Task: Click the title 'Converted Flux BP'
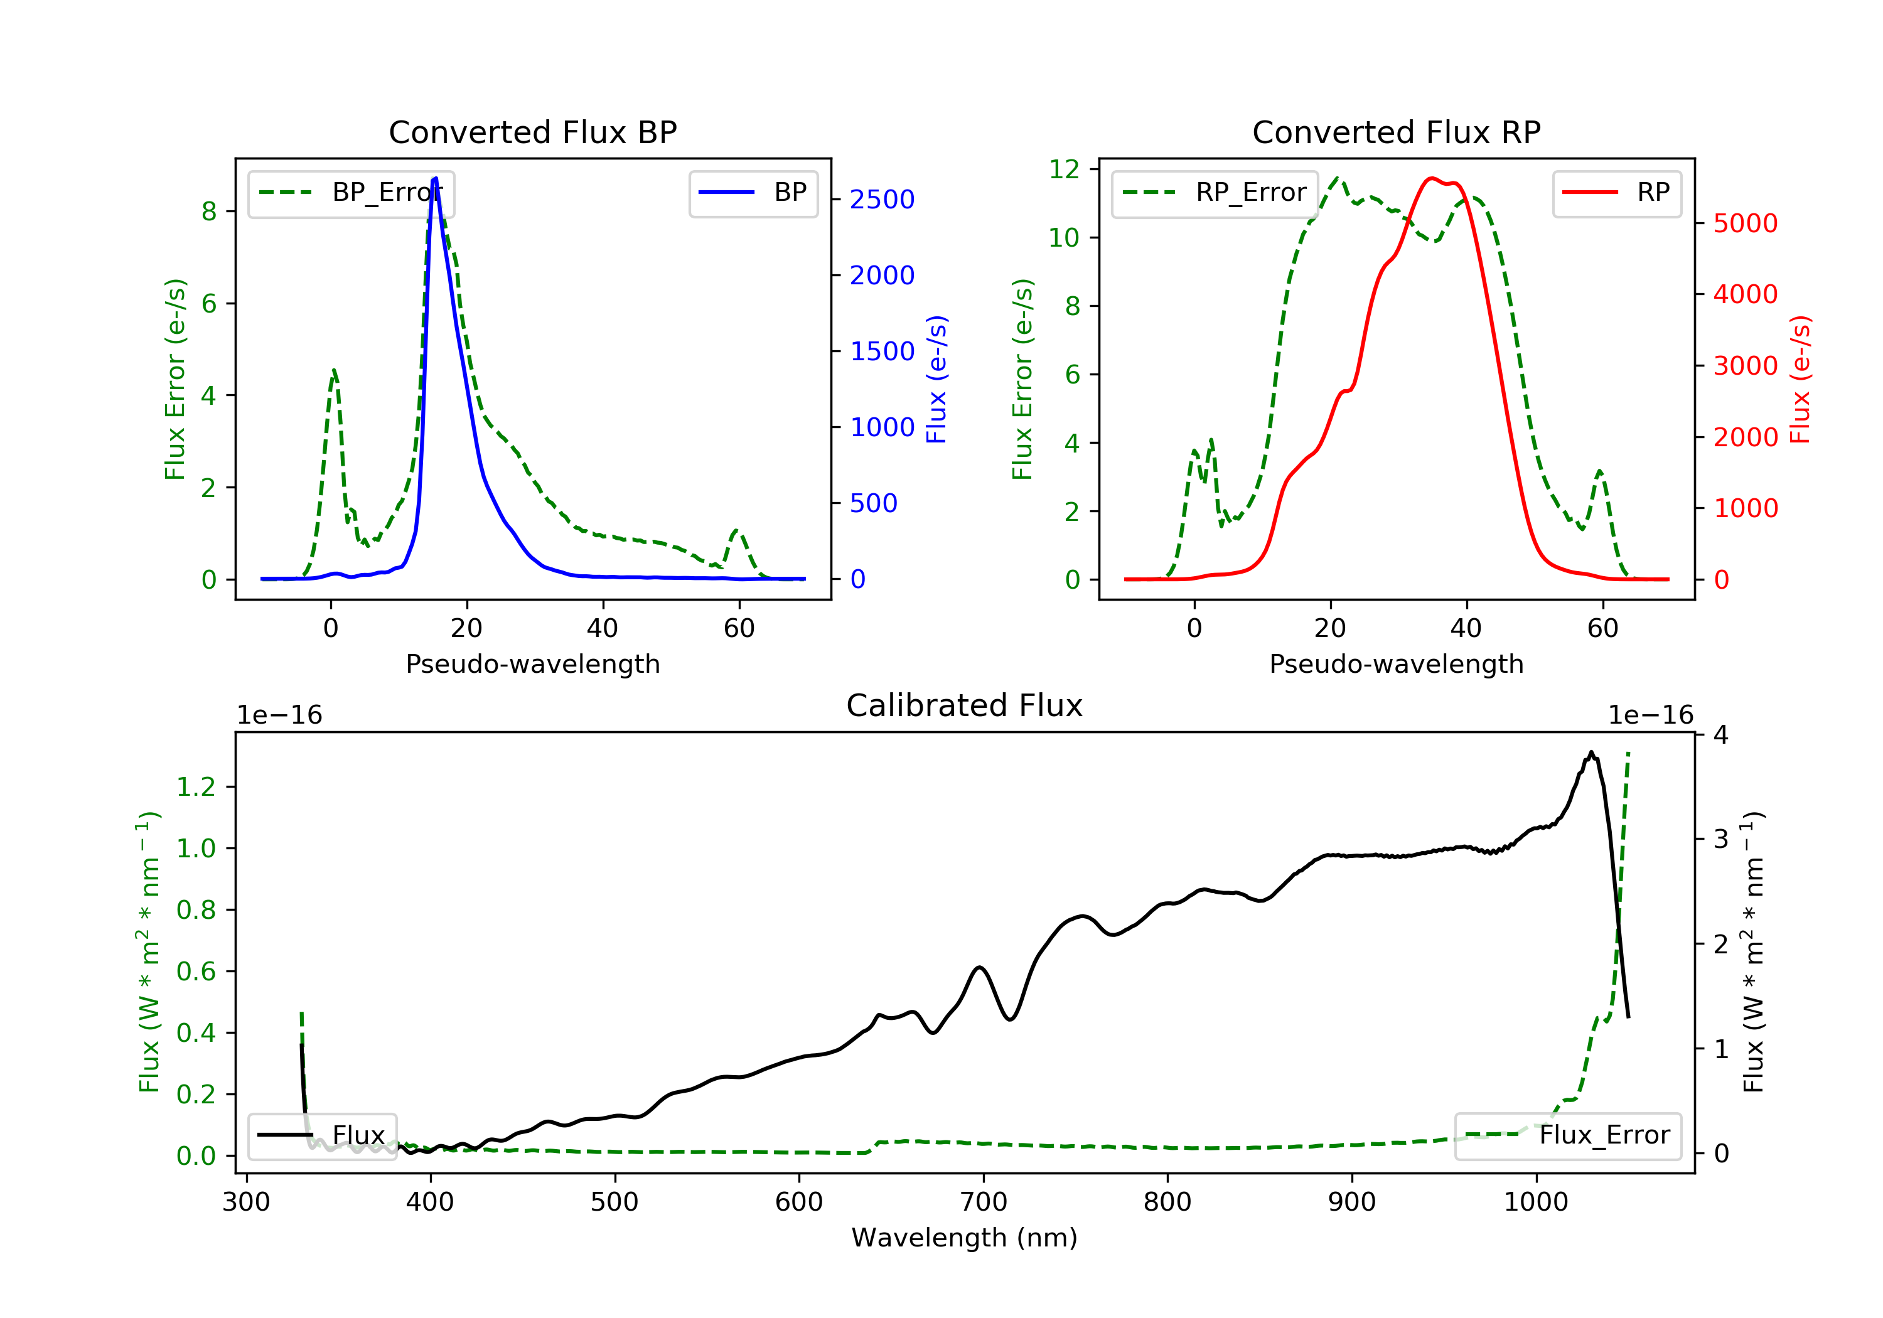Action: click(532, 132)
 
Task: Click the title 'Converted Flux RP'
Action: click(1396, 132)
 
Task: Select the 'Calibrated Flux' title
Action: click(965, 705)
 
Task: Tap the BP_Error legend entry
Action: click(351, 193)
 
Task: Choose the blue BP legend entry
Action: click(753, 193)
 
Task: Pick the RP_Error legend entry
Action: click(1215, 193)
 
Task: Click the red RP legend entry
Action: click(1616, 193)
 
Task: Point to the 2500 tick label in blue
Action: click(882, 200)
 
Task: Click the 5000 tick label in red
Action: click(1745, 223)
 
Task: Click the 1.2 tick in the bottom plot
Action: click(196, 786)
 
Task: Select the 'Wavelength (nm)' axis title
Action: click(965, 1237)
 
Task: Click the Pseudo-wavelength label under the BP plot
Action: click(533, 663)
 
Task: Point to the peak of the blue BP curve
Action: click(436, 178)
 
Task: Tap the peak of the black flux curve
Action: click(1591, 752)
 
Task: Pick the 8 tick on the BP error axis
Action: click(209, 212)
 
